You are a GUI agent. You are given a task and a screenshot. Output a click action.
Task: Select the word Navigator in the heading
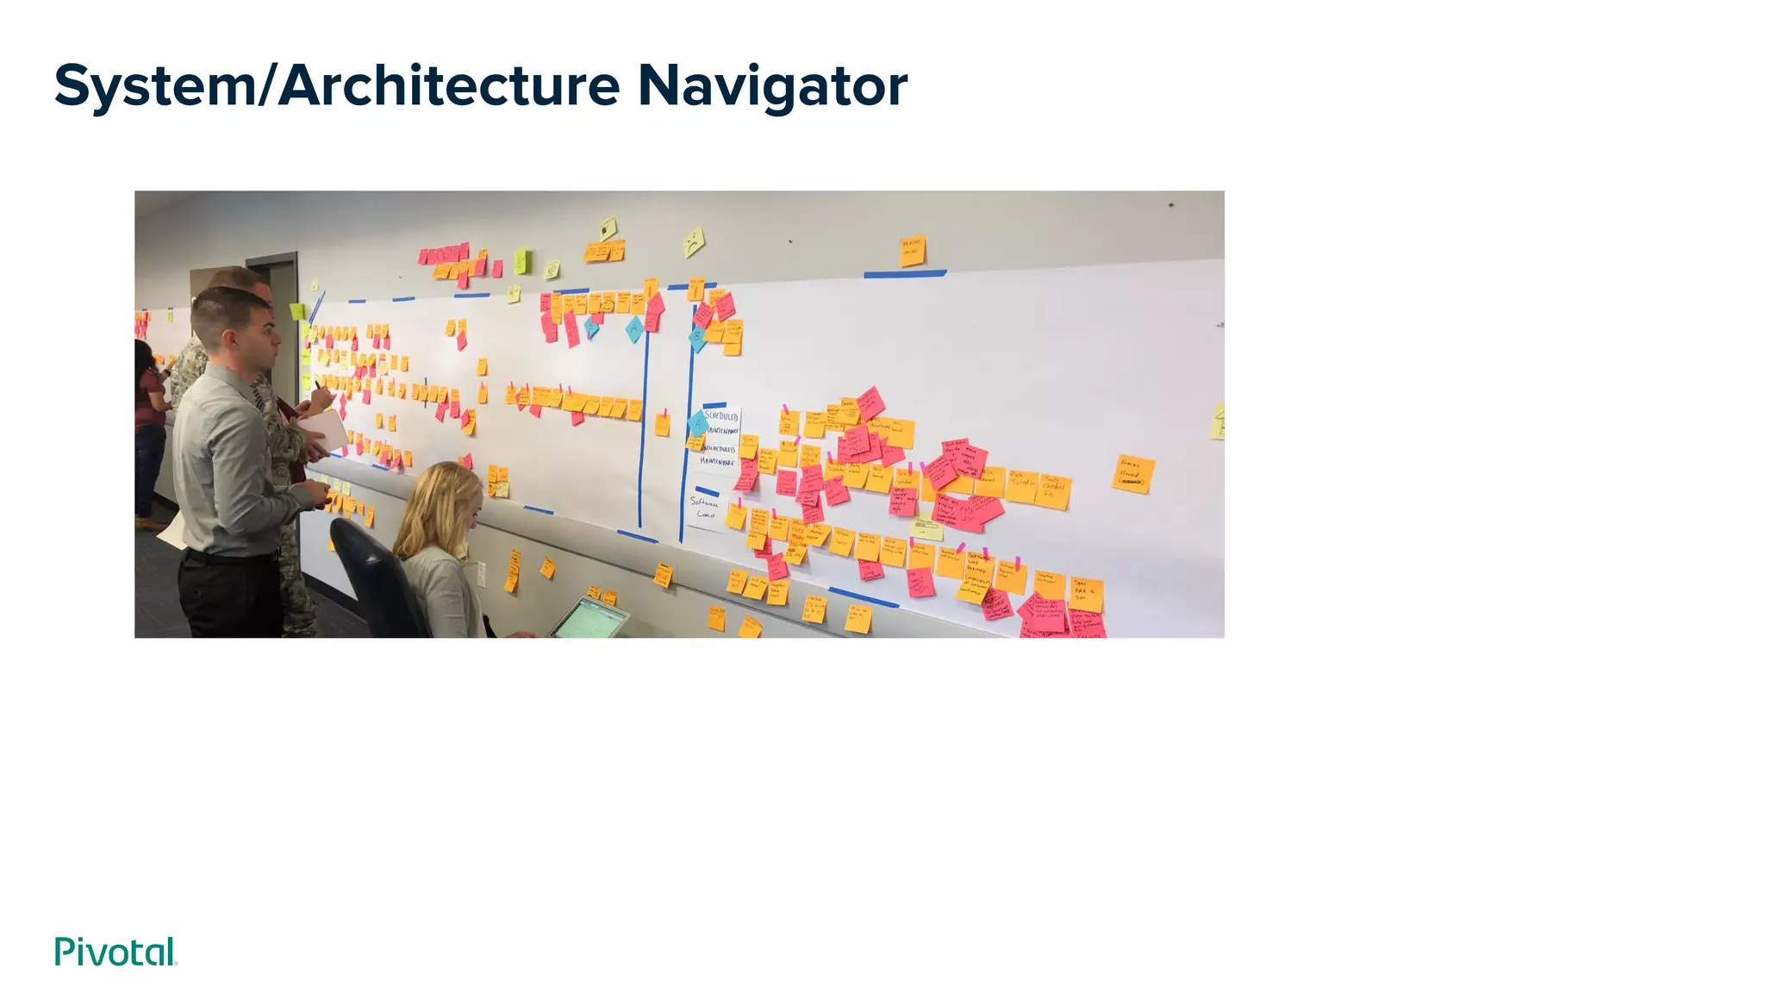(x=772, y=86)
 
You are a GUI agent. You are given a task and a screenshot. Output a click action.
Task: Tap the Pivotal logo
(x=115, y=952)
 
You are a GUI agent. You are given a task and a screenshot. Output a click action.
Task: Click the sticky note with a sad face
(x=693, y=241)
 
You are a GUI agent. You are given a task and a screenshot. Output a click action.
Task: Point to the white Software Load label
(x=706, y=509)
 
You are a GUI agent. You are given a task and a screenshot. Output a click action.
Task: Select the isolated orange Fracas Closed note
(x=1132, y=474)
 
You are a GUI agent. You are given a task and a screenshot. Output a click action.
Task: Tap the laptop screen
(x=588, y=618)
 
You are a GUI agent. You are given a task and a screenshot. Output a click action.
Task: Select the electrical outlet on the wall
(x=481, y=573)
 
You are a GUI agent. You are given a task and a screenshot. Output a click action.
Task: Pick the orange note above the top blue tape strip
(x=912, y=250)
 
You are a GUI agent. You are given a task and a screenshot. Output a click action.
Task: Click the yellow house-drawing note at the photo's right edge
(x=1217, y=422)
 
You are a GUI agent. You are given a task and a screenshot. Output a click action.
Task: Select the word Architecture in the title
(x=448, y=86)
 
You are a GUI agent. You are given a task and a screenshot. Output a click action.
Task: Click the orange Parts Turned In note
(x=1021, y=486)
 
